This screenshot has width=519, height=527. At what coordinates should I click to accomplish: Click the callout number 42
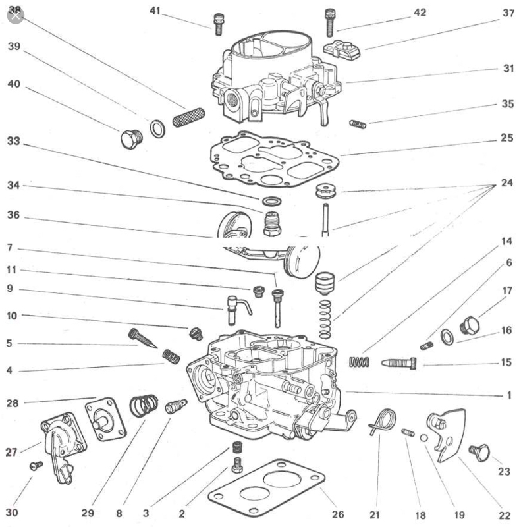(x=420, y=13)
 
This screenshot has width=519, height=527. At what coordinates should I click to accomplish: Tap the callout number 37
(x=508, y=13)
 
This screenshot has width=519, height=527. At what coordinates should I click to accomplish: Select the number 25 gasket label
(x=506, y=139)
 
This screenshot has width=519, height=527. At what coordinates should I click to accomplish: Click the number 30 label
(x=13, y=512)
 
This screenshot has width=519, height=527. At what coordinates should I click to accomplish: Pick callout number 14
(x=506, y=241)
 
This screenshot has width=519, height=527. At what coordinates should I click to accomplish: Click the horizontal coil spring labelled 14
(x=360, y=362)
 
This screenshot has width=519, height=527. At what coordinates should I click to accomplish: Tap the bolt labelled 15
(x=398, y=362)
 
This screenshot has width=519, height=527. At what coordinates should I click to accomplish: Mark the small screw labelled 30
(x=36, y=465)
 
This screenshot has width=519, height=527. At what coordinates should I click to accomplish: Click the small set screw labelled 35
(x=358, y=124)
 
